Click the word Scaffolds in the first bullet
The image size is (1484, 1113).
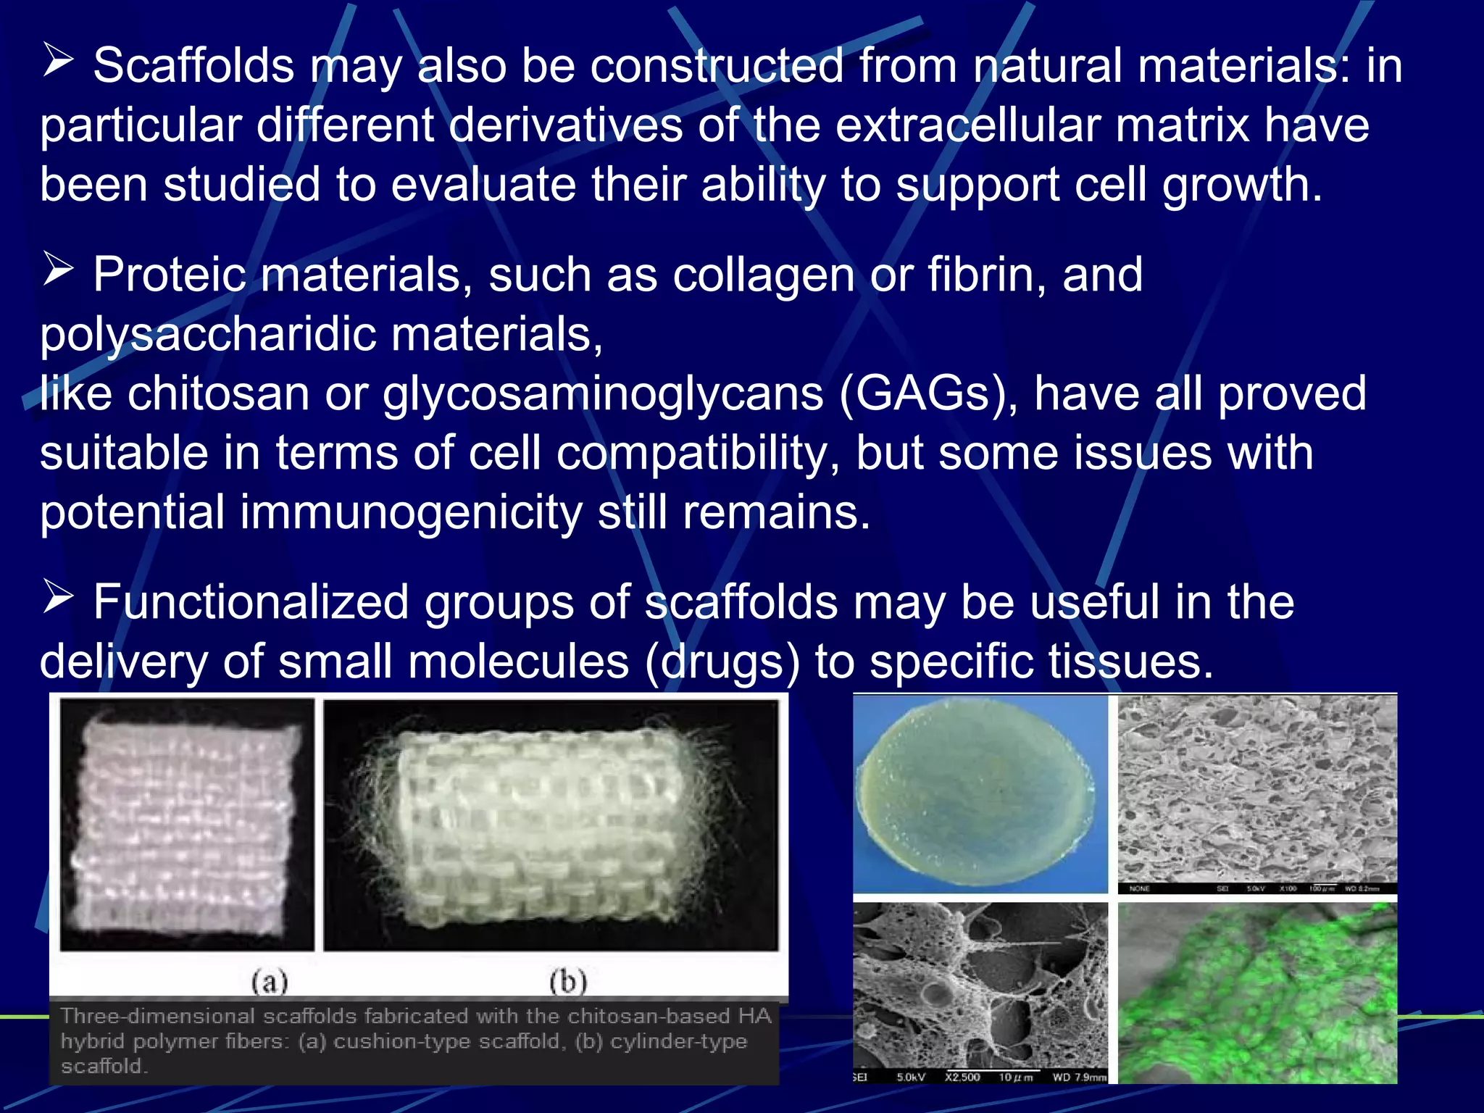click(193, 66)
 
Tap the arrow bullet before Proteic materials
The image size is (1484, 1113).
click(58, 269)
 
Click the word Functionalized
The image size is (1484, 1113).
click(251, 602)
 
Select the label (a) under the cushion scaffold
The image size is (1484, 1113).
click(270, 982)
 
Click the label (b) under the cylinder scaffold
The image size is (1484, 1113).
click(568, 982)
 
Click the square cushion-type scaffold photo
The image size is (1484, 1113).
click(187, 825)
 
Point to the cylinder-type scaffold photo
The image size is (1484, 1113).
click(551, 825)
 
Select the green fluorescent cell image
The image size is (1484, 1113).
click(1257, 993)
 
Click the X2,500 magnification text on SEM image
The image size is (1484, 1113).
click(962, 1077)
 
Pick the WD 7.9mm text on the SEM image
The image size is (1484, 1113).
click(1080, 1077)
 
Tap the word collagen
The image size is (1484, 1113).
click(764, 275)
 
